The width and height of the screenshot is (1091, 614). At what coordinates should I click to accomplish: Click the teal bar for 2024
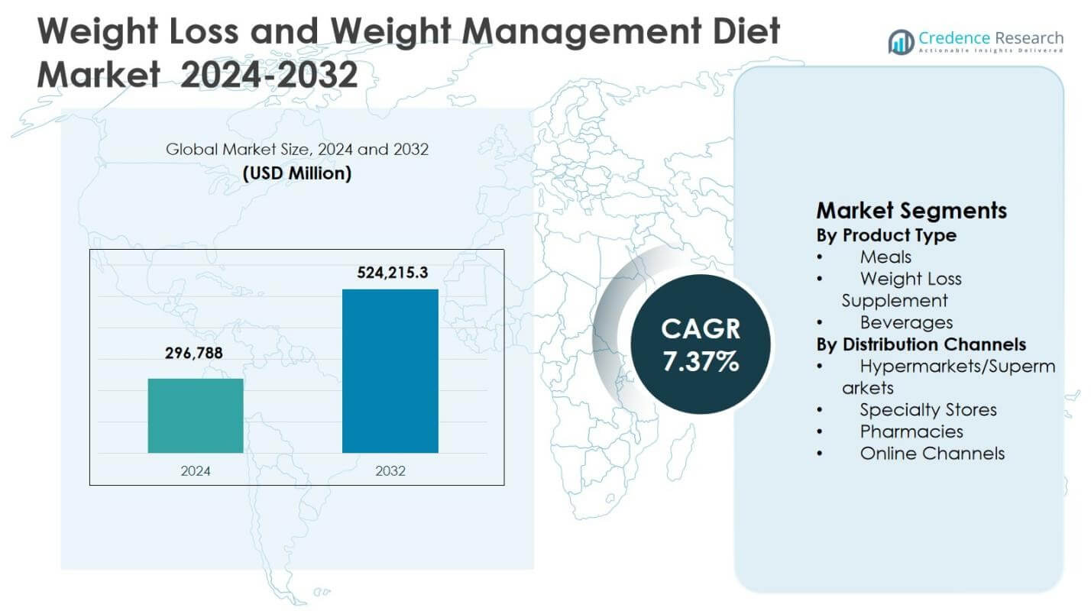point(196,415)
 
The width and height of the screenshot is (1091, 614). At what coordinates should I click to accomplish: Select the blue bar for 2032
point(390,371)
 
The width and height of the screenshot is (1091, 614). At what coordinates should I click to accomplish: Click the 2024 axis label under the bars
point(196,471)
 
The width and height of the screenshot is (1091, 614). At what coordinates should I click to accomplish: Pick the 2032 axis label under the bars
point(390,471)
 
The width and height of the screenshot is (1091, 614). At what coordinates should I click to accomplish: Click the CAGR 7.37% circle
point(701,344)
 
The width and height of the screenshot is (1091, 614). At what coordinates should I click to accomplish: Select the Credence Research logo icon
point(901,41)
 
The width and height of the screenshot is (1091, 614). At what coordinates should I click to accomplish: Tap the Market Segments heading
point(911,210)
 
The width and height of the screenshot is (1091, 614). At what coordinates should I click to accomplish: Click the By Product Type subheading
point(886,235)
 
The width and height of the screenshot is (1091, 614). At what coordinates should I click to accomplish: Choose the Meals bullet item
point(885,257)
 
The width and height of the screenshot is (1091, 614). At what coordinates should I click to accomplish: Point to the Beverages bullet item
point(906,322)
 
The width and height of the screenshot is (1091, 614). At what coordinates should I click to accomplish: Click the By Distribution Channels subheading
point(921,344)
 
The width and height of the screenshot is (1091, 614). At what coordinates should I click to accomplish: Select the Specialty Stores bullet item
point(928,410)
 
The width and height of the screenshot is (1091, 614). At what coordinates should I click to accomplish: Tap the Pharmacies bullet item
point(911,431)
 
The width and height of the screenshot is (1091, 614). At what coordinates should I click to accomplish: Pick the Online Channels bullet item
point(932,454)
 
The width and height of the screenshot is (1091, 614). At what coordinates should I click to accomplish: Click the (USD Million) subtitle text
point(297,173)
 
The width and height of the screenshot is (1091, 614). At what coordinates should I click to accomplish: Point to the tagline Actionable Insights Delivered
point(990,50)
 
